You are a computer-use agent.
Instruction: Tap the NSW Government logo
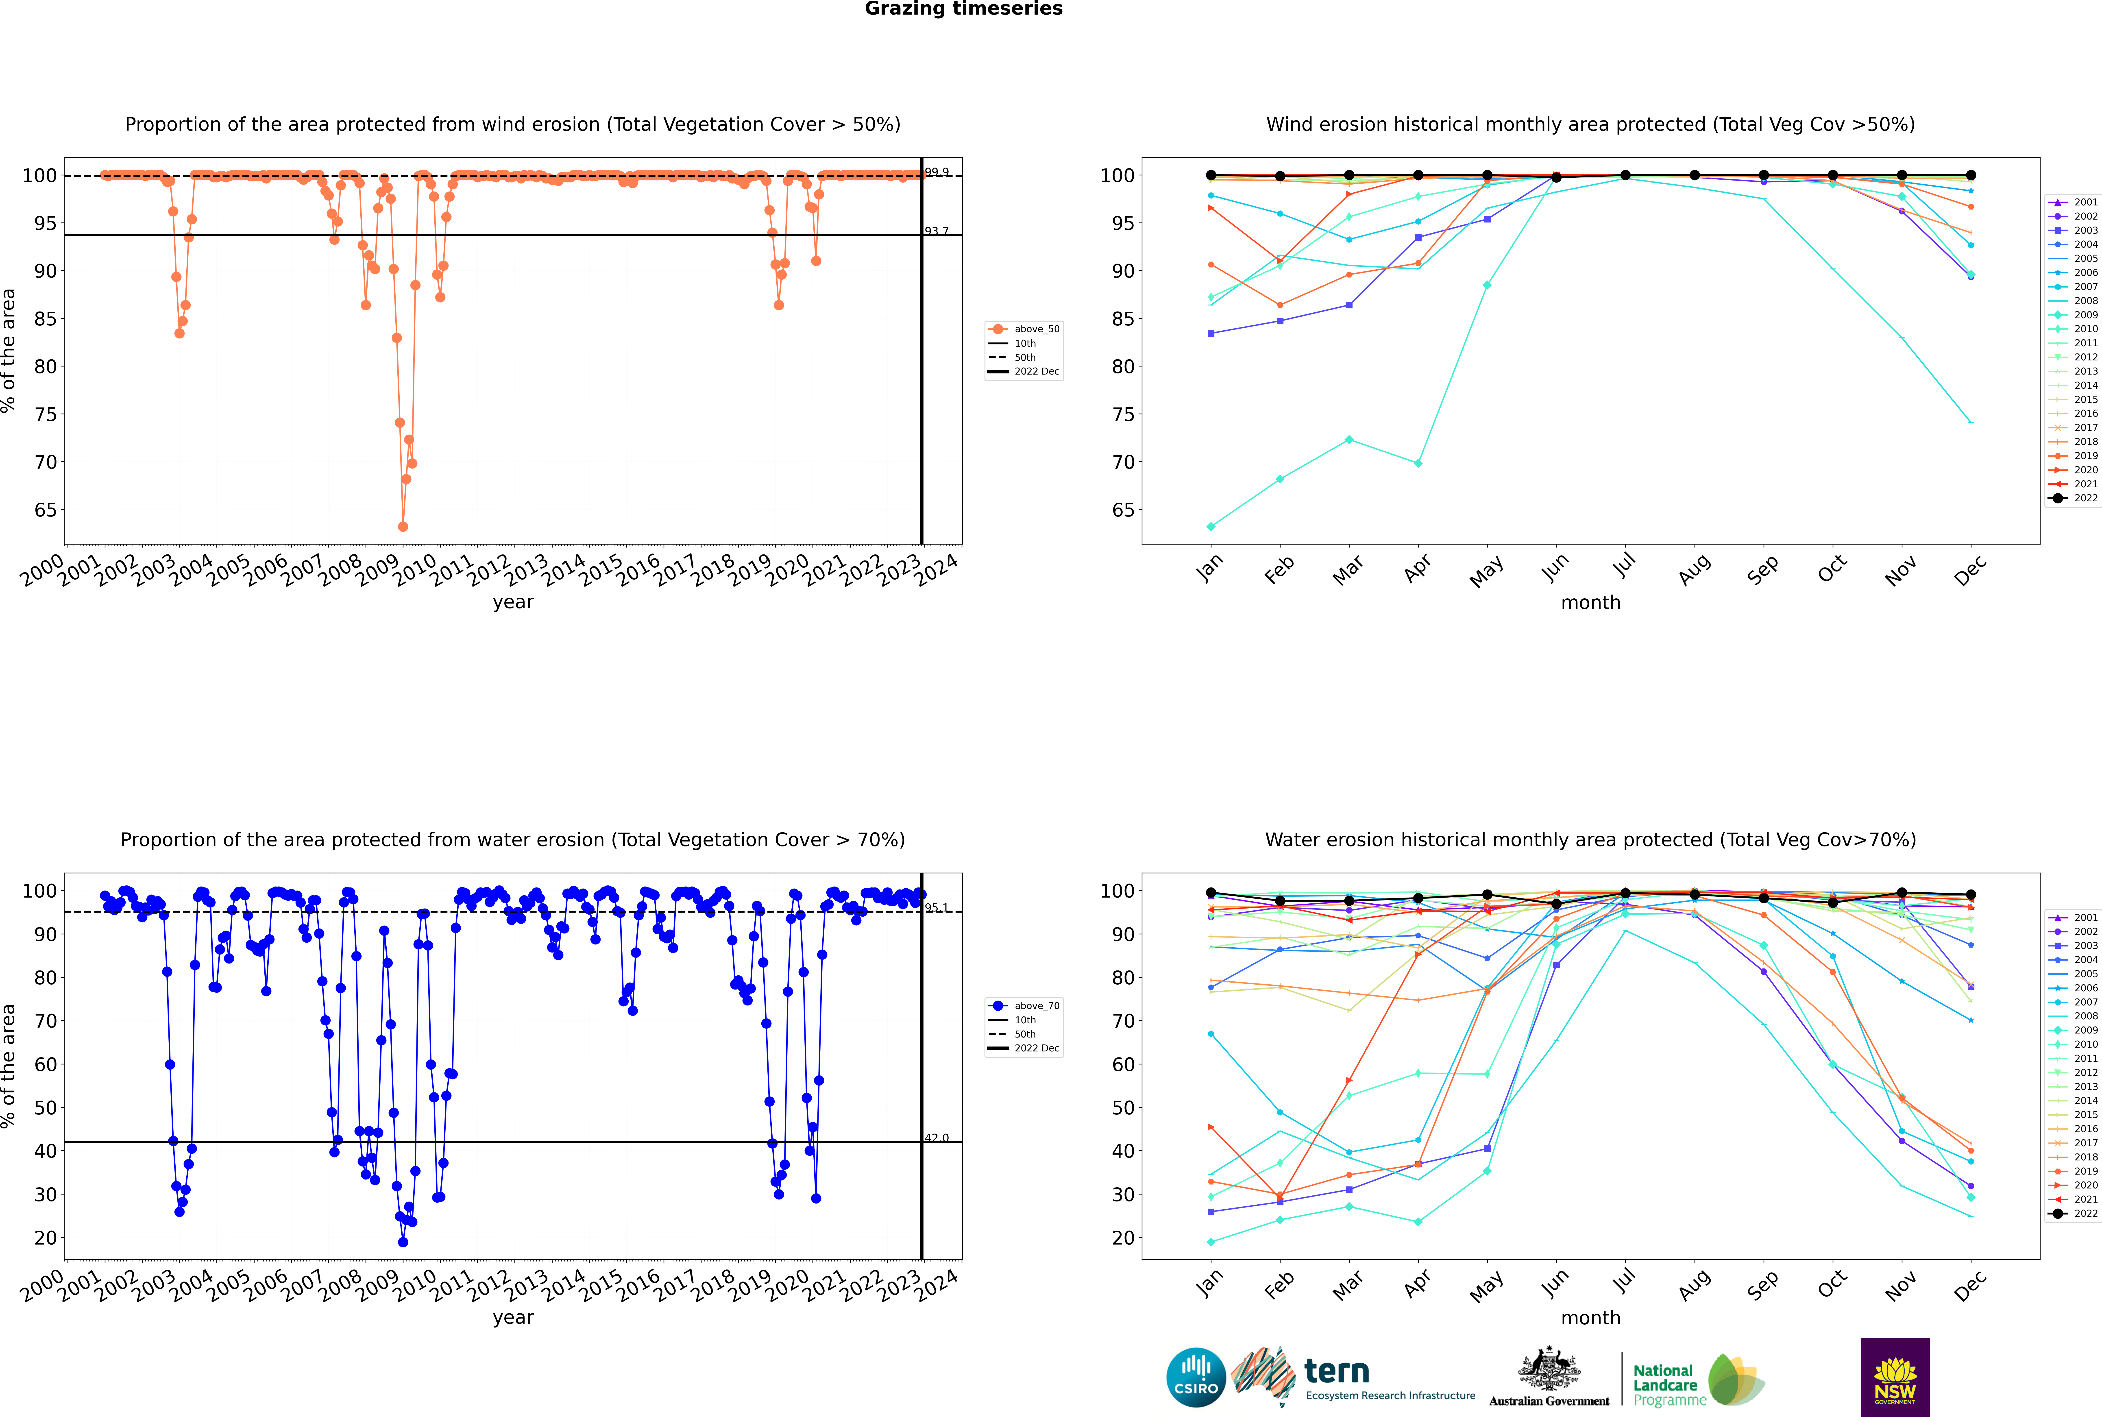click(x=1895, y=1376)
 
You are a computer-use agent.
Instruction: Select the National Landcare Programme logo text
click(x=1665, y=1384)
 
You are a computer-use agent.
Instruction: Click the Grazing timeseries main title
click(x=963, y=9)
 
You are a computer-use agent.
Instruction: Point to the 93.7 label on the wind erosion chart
click(x=936, y=231)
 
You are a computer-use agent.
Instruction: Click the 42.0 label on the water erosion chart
click(x=936, y=1138)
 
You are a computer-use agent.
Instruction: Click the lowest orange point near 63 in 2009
click(x=403, y=527)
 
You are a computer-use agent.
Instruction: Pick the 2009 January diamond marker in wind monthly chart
click(x=1211, y=527)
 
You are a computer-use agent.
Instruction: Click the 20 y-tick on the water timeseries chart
click(x=45, y=1238)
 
